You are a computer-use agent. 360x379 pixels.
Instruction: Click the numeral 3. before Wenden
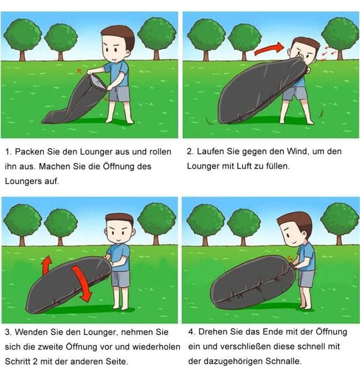tap(8, 332)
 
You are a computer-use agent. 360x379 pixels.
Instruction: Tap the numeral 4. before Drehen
tap(192, 332)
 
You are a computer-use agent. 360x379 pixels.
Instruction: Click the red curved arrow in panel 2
tap(269, 49)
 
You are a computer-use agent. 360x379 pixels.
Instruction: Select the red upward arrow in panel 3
tap(47, 265)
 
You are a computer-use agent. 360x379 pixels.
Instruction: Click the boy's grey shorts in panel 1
tap(119, 94)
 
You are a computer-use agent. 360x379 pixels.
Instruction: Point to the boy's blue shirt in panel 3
tap(119, 258)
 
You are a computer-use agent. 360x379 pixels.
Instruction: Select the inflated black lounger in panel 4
tap(253, 283)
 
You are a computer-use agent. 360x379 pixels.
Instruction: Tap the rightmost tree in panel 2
tap(340, 39)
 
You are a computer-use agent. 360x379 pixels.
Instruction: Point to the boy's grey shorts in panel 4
tap(307, 279)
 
